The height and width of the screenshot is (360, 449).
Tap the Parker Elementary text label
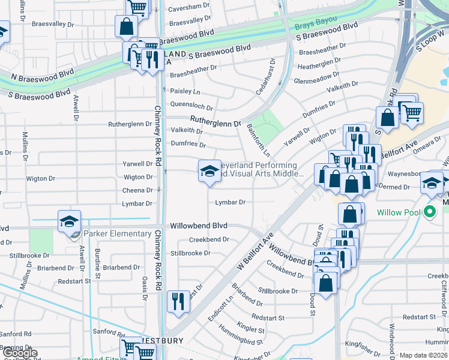point(117,233)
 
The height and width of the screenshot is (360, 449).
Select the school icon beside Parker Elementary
point(69,221)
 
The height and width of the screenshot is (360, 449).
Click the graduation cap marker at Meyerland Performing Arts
point(209,171)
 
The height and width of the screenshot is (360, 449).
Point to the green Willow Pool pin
point(429,212)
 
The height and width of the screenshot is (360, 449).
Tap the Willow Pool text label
point(397,212)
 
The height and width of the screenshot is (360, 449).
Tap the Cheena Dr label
point(138,190)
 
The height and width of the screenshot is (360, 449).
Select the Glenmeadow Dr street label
point(316,79)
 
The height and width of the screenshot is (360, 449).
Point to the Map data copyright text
point(423,355)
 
